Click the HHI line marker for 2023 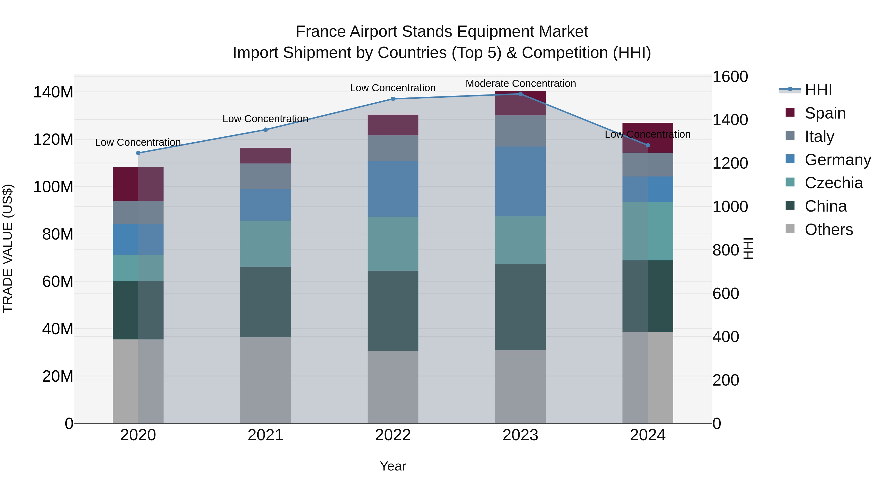520,94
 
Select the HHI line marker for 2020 138,153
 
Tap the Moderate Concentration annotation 521,83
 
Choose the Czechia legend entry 833,183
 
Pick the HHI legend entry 818,90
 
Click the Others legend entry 829,229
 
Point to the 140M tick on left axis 53,92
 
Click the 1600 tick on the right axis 730,77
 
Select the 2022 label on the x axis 393,435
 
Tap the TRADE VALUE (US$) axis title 8,248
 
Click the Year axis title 393,466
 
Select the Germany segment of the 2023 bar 520,181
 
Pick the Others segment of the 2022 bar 393,387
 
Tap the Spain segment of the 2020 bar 138,184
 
